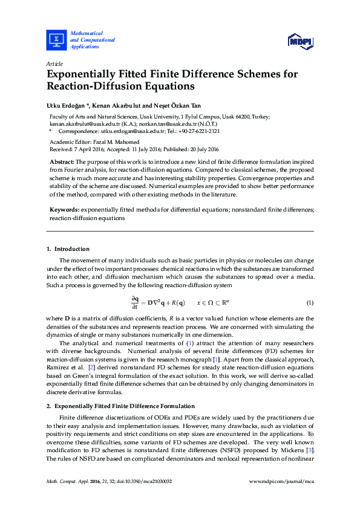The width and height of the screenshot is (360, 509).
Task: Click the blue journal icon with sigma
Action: pos(57,39)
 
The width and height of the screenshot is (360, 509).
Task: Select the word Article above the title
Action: pos(54,63)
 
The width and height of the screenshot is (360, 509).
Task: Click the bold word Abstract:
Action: pos(62,163)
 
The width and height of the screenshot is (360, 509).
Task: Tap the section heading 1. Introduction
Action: pos(68,249)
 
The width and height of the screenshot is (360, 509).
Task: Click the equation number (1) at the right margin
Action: pos(310,302)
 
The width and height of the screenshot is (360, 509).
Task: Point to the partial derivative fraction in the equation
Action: pos(136,302)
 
